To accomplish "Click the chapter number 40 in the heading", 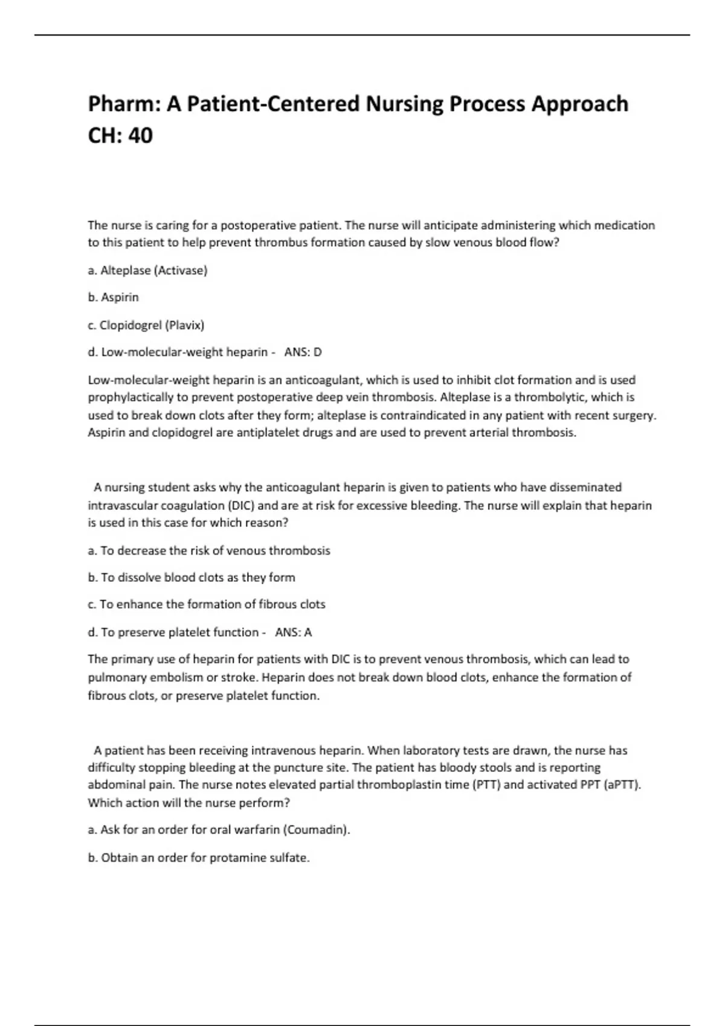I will [141, 136].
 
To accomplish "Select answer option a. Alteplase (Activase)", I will [147, 270].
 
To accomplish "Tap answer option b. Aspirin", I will [113, 298].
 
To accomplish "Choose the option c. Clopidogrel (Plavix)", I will [146, 325].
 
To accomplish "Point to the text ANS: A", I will [294, 632].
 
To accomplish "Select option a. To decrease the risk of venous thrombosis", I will [209, 550].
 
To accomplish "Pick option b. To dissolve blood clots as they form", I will [192, 578].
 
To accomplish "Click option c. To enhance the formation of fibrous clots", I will [206, 605].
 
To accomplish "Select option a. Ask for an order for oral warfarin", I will [219, 830].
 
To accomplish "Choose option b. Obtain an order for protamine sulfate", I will [199, 858].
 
